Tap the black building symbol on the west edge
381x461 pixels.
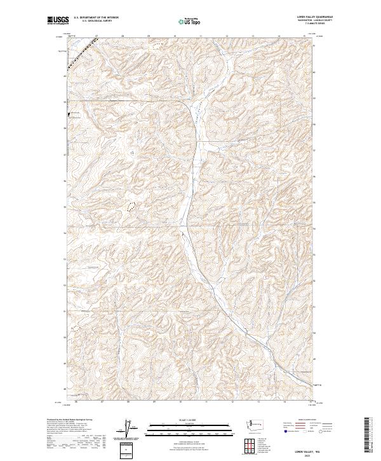69,114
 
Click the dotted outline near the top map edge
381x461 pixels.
157,45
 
